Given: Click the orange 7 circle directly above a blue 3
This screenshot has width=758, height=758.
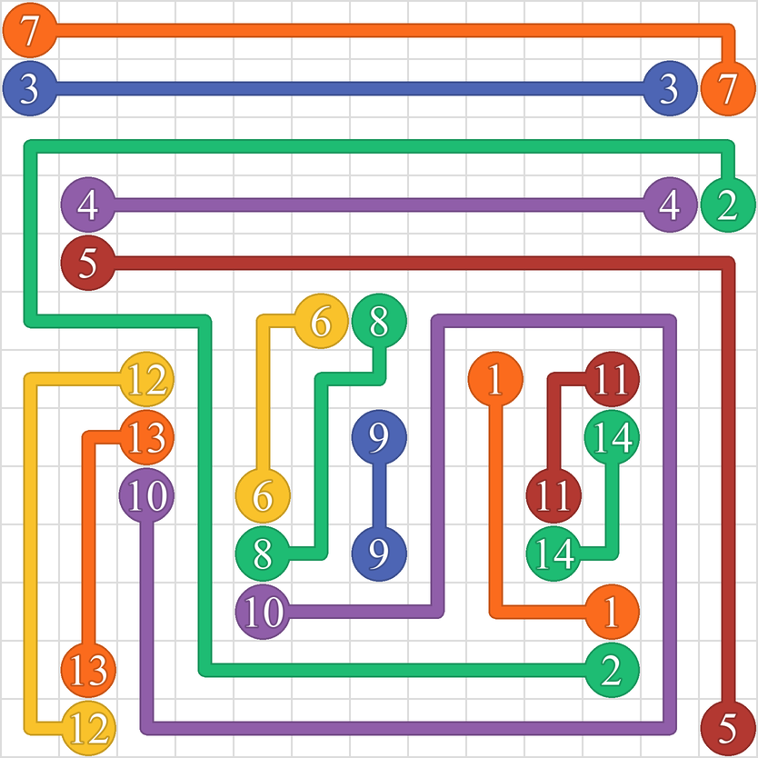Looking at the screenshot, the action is click(x=30, y=30).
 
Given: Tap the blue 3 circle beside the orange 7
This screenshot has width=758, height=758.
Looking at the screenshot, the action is click(x=670, y=88).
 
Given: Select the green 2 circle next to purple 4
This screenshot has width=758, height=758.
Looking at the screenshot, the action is click(x=728, y=205).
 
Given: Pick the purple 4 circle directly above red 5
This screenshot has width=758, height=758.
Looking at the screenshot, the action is click(x=88, y=205).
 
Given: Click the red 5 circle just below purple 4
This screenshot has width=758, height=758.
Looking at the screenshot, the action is click(x=88, y=263).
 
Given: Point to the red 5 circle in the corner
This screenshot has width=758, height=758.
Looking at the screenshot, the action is click(x=728, y=728).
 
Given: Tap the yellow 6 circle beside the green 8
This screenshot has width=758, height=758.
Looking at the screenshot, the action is click(x=321, y=321).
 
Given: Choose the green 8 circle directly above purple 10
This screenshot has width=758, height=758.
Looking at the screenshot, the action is click(x=263, y=554).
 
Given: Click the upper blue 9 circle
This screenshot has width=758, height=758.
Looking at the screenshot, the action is click(x=379, y=437).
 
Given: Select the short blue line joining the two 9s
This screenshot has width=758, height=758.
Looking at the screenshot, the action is click(x=379, y=495).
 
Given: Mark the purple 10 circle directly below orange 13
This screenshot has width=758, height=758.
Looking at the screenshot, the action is click(x=146, y=495).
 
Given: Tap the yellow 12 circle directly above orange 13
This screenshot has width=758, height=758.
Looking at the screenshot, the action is click(x=146, y=379).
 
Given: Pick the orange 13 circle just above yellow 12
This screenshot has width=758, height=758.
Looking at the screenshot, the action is click(x=88, y=670).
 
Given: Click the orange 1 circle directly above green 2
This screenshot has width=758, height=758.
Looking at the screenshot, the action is click(x=612, y=612).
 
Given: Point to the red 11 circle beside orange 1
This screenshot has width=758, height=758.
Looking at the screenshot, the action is click(x=612, y=379).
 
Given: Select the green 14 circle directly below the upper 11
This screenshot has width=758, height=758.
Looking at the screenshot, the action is click(x=612, y=437).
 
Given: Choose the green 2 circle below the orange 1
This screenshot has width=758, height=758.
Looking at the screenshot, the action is click(x=612, y=670).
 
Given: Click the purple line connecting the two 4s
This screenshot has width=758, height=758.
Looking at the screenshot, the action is click(x=379, y=205).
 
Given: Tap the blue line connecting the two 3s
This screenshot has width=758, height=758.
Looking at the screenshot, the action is click(x=350, y=88).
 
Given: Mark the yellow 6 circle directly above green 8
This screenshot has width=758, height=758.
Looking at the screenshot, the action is click(x=263, y=495).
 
